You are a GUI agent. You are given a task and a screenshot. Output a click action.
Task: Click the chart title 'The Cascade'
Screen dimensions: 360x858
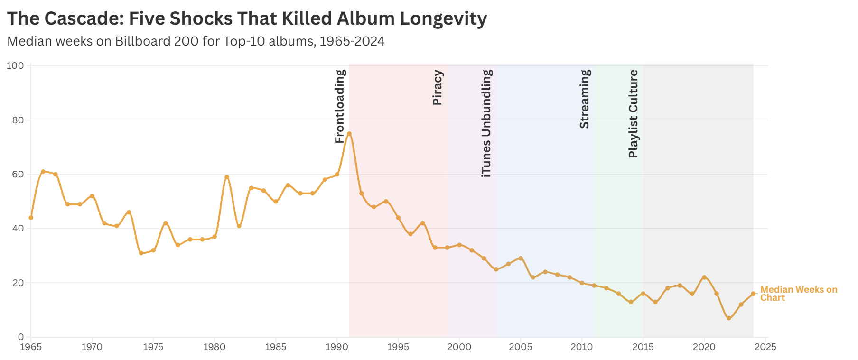point(247,18)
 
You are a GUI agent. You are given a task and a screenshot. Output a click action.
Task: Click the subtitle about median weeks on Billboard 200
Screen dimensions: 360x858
point(196,41)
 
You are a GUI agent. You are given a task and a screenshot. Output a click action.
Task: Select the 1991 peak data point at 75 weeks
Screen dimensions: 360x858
point(349,134)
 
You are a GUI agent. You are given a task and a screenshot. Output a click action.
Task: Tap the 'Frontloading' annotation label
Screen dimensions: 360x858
point(340,106)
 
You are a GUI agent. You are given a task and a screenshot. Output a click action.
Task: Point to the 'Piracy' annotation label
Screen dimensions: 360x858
point(438,87)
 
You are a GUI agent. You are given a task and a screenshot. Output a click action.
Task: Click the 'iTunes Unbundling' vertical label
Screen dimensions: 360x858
point(486,123)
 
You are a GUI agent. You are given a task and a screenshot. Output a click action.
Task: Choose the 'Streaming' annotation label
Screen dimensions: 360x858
point(585,99)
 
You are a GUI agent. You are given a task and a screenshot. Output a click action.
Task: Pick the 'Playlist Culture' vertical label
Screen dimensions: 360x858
point(634,113)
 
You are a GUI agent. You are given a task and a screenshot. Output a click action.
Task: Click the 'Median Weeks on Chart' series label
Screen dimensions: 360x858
point(798,294)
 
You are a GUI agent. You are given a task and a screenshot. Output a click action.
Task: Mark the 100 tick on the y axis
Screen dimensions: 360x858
point(15,65)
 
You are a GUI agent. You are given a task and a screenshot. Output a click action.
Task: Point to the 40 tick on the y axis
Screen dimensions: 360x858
point(18,229)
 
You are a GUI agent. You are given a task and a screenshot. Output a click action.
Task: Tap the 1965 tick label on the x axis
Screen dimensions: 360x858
point(31,347)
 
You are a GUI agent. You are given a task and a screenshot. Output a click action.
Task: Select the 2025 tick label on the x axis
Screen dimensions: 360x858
point(765,347)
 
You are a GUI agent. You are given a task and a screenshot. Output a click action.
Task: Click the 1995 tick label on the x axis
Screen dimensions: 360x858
point(398,347)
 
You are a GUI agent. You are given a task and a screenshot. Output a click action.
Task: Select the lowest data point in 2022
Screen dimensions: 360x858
point(729,318)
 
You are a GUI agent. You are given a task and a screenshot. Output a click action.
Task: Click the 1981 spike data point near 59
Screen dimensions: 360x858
point(227,177)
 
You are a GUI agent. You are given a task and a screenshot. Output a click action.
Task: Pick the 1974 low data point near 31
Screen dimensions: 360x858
point(141,253)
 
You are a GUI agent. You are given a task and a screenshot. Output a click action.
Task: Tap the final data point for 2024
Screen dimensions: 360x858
point(753,294)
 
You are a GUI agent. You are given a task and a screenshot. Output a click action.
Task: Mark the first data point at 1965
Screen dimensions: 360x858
point(31,218)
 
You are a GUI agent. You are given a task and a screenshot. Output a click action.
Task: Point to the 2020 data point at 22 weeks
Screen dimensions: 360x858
point(704,277)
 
